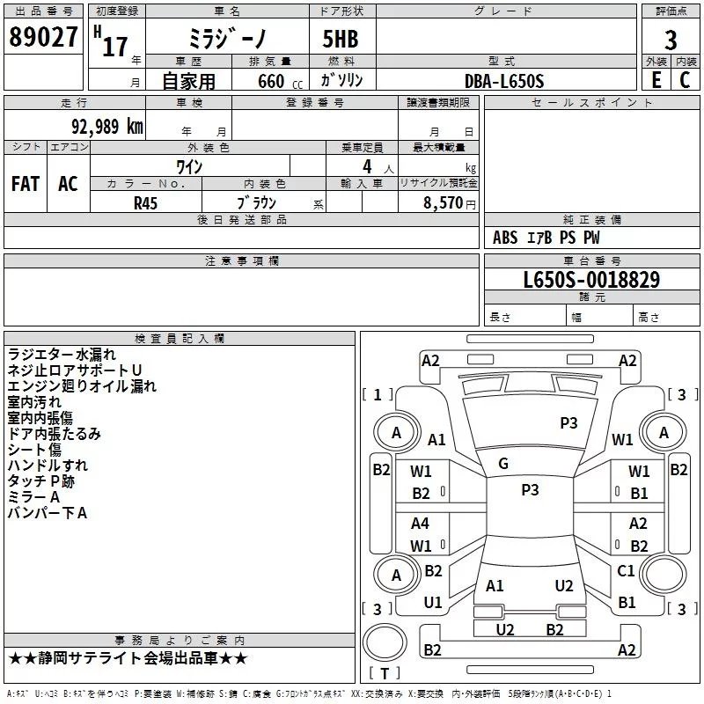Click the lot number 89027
[43, 37]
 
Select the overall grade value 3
[671, 40]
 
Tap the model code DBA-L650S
[504, 81]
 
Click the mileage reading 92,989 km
[107, 127]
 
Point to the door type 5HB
[341, 39]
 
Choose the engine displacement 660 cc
[280, 82]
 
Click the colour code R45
[145, 203]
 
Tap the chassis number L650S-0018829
[591, 280]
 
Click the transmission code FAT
[26, 184]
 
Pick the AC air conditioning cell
[69, 184]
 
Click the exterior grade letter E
[656, 80]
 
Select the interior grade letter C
[685, 80]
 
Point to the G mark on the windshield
[503, 464]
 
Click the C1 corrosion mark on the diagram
[626, 570]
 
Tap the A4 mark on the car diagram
[420, 523]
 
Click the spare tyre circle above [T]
[385, 642]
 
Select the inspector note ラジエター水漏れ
[62, 355]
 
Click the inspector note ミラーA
[33, 497]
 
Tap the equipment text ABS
[505, 238]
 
